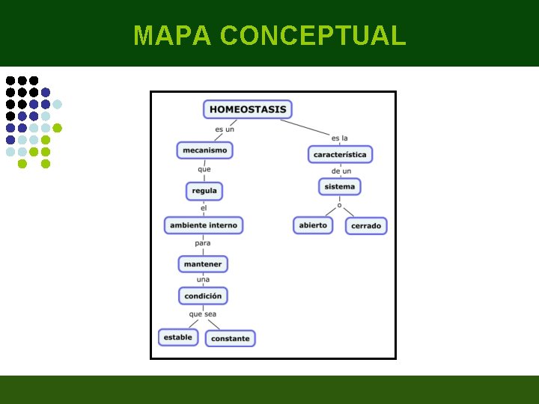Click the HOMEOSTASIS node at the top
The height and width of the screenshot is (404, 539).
point(248,109)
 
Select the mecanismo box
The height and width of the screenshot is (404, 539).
point(204,150)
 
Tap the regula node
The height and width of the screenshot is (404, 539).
point(204,191)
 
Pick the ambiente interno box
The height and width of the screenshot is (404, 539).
point(204,224)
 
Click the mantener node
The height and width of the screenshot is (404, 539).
point(203,264)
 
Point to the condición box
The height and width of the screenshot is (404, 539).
point(203,296)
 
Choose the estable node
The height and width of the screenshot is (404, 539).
point(178,337)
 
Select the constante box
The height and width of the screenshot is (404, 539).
point(231,338)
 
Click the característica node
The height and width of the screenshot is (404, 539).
point(340,154)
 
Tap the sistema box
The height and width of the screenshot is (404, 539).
point(340,186)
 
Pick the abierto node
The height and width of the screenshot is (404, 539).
point(313,224)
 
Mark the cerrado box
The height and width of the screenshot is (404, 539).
point(366,225)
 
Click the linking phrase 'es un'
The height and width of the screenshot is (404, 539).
point(225,129)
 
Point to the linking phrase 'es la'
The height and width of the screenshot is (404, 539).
point(339,138)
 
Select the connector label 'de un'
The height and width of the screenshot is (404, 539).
point(341,171)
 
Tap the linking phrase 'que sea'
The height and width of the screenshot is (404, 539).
point(203,314)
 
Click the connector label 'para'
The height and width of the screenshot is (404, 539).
point(203,243)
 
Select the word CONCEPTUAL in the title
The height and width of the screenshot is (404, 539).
point(313,35)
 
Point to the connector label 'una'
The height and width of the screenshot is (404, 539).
point(203,280)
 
